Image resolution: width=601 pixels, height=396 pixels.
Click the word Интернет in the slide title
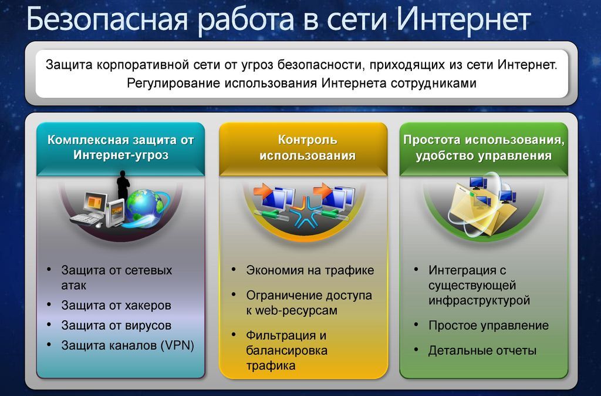click(x=463, y=19)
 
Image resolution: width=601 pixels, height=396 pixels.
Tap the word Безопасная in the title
click(x=108, y=20)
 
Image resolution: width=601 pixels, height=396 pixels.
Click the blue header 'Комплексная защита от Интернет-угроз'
click(x=121, y=147)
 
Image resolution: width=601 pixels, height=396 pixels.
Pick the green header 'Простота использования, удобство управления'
click(x=484, y=147)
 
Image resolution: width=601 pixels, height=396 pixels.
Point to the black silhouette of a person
click(x=123, y=186)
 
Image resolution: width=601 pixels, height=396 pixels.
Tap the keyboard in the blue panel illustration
click(x=87, y=219)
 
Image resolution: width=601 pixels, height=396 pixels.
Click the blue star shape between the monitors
click(x=305, y=212)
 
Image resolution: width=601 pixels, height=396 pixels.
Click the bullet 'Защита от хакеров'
click(x=116, y=306)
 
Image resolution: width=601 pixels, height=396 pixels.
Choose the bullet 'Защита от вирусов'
click(x=116, y=325)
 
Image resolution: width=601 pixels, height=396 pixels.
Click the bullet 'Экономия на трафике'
click(x=310, y=270)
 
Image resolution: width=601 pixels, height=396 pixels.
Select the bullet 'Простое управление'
click(x=489, y=325)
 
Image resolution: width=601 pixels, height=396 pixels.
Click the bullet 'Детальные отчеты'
click(x=482, y=350)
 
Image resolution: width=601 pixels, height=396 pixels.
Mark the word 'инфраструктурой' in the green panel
click(x=479, y=300)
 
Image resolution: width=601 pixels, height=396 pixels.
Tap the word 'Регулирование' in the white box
click(x=174, y=83)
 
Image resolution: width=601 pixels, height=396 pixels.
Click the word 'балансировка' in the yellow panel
click(x=286, y=350)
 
